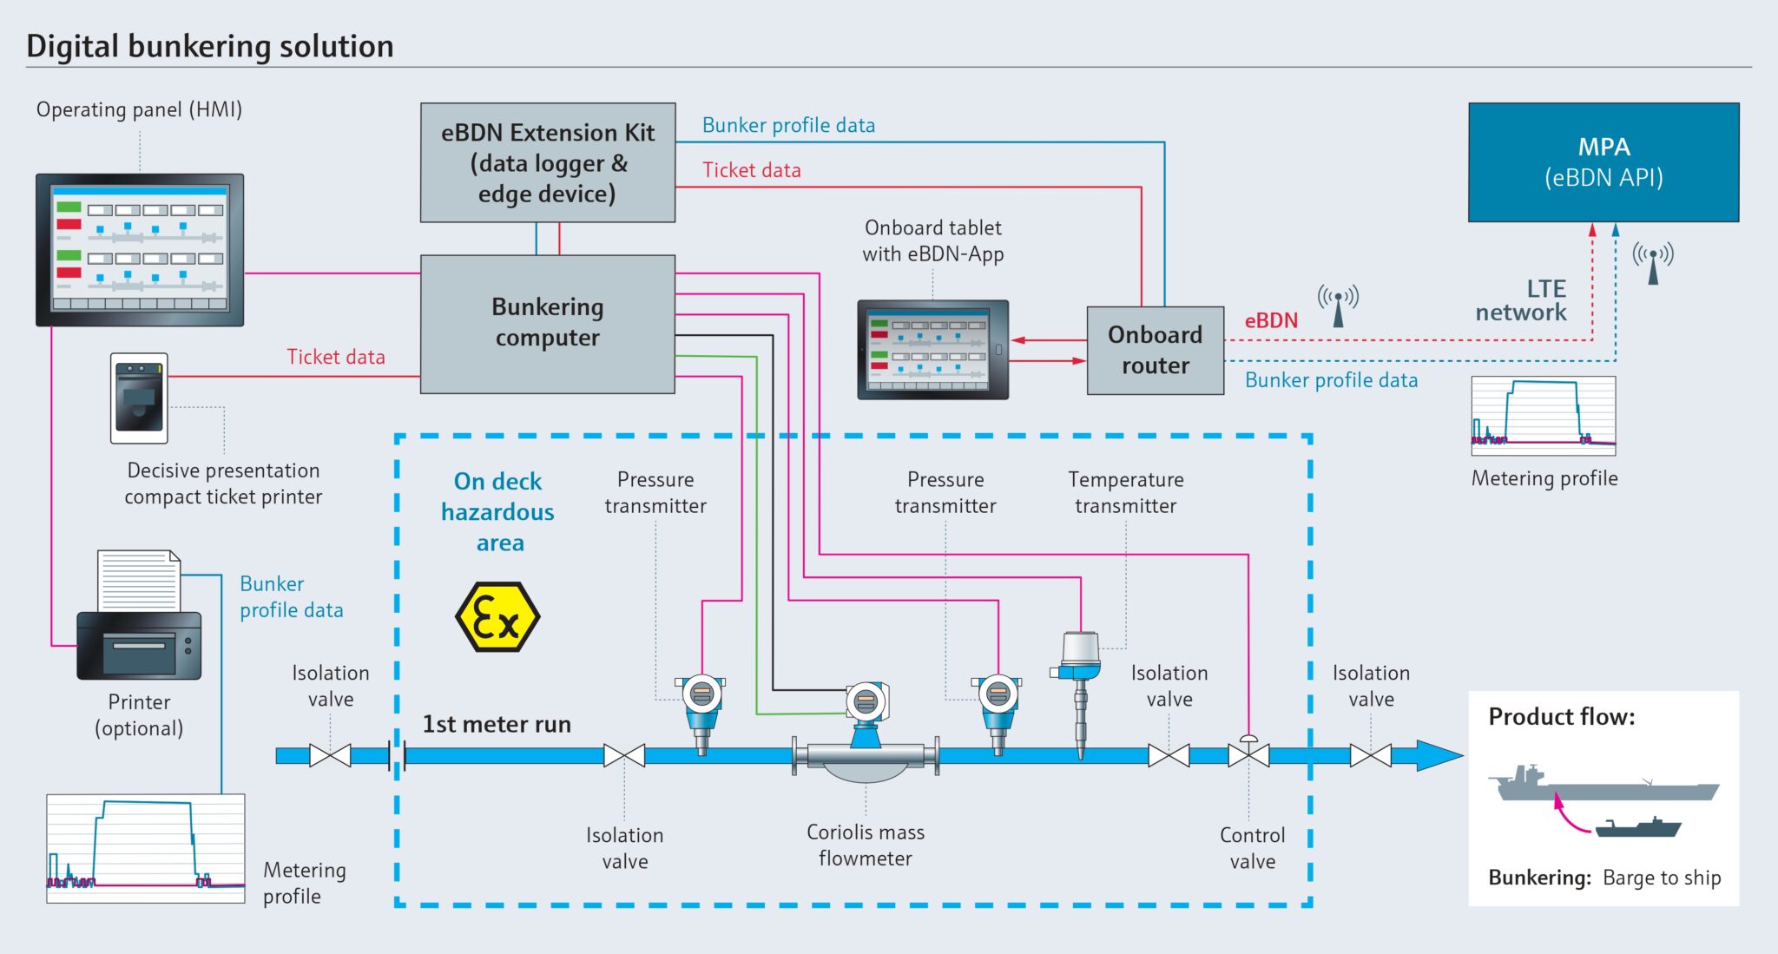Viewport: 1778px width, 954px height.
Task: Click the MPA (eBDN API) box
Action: click(1603, 162)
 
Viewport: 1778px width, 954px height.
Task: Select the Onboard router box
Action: click(1155, 351)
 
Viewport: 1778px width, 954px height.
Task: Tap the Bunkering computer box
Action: click(547, 323)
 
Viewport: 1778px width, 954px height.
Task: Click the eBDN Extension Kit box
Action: click(547, 162)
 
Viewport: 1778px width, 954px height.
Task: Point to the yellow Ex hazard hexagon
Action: click(497, 617)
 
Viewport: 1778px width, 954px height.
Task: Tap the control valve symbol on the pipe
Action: click(1248, 753)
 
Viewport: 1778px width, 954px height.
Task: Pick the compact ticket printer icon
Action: click(139, 398)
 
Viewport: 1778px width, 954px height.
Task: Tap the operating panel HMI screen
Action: click(139, 250)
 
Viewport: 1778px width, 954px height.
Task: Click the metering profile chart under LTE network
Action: click(1543, 416)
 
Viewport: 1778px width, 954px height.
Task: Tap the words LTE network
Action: click(1521, 300)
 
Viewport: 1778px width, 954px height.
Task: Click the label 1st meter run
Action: click(496, 724)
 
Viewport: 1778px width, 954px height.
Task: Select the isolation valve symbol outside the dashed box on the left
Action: click(330, 755)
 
